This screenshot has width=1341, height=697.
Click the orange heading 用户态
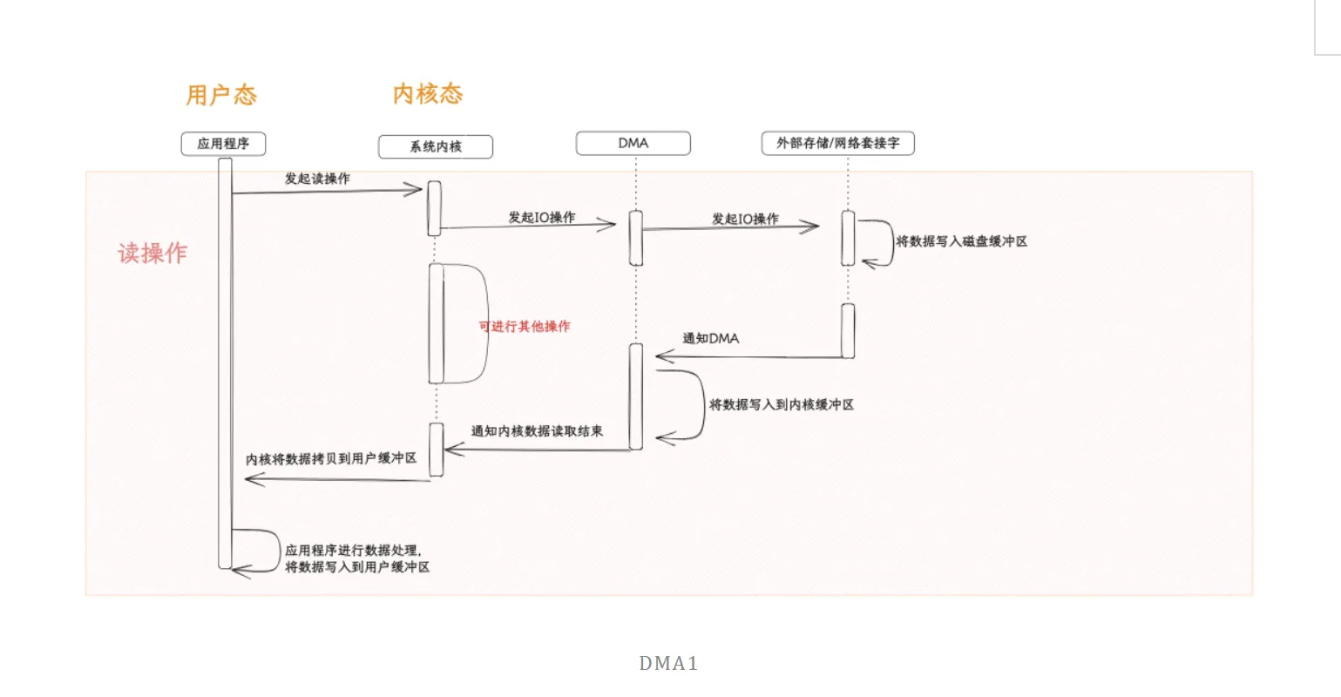[221, 95]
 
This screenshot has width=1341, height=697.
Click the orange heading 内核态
[427, 94]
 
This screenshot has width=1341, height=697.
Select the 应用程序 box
[223, 144]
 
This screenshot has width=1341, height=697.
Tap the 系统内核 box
[436, 146]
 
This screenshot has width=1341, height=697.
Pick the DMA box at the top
[633, 143]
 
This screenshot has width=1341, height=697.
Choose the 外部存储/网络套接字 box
[837, 143]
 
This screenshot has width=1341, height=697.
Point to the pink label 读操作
[152, 253]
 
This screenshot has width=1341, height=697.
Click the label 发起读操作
[317, 179]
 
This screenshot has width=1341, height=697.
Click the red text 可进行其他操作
[525, 326]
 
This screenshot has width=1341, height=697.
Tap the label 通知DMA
[710, 338]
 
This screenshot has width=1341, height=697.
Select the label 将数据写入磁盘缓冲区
[962, 241]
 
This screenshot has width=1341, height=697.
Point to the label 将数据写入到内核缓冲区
[782, 404]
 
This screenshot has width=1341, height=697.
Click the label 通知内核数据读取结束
[537, 430]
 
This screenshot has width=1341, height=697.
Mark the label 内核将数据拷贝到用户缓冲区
[331, 458]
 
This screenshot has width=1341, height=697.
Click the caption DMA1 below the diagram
[668, 664]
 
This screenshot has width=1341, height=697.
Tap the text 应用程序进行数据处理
[353, 551]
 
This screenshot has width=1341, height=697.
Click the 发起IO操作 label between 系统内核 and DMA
[541, 217]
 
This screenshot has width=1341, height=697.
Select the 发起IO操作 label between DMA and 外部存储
[745, 219]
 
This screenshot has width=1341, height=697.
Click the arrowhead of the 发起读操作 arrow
[417, 190]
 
